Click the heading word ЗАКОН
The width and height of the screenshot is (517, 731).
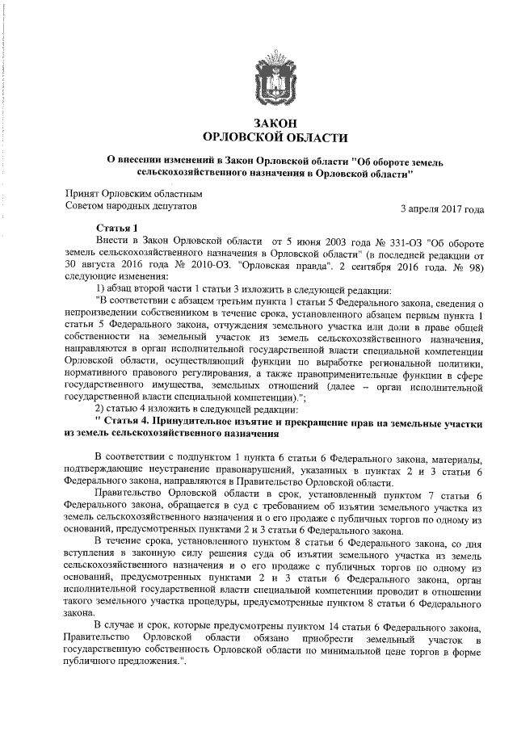(270, 123)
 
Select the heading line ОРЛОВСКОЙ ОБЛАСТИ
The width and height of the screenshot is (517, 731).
(270, 137)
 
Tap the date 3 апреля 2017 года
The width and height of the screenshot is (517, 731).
(443, 209)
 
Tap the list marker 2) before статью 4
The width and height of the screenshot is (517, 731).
(101, 408)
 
